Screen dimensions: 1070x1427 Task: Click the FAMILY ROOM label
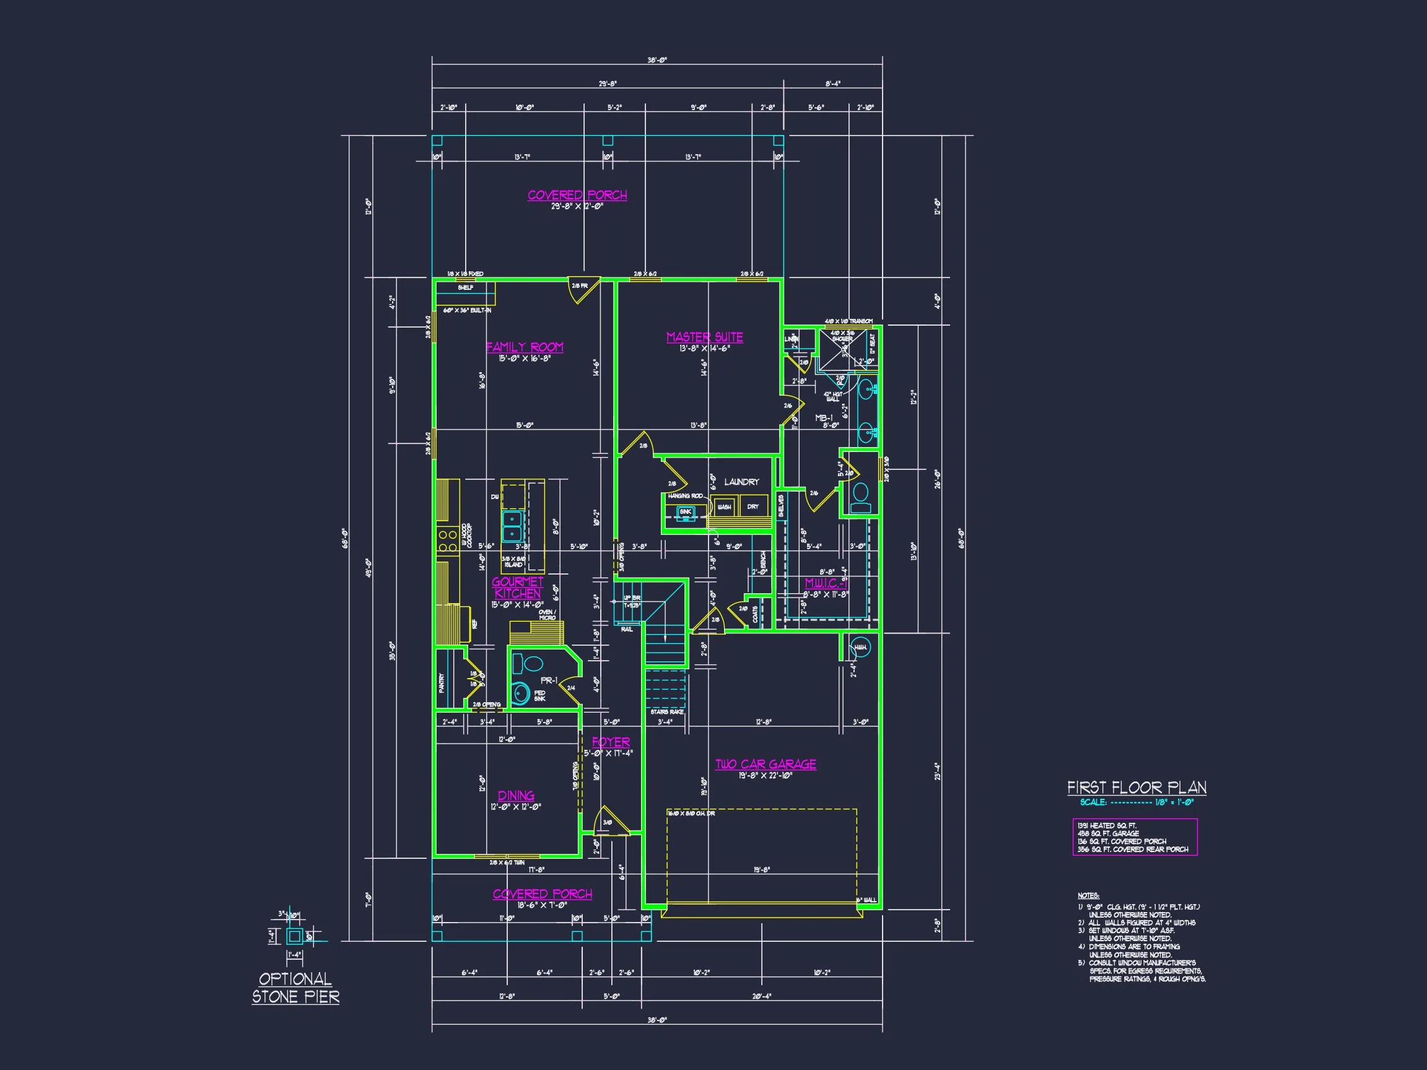coord(525,347)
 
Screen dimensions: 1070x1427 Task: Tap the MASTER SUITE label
coord(704,337)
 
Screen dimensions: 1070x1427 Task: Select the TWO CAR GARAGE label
coord(765,764)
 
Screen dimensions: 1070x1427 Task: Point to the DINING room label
coord(515,796)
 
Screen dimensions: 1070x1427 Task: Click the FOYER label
coord(610,742)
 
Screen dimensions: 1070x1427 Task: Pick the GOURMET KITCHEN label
coord(517,588)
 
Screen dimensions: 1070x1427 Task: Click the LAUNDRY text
coord(741,482)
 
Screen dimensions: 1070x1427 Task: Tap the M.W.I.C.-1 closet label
coord(825,583)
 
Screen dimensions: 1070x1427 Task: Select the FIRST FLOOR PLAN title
coord(1136,788)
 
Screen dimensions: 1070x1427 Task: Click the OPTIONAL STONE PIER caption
coord(295,988)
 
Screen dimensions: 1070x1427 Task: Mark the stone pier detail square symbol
coord(295,936)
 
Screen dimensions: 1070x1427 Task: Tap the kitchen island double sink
coord(513,526)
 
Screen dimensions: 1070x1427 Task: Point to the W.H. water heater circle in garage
coord(860,648)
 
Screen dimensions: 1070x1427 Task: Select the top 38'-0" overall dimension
coord(657,60)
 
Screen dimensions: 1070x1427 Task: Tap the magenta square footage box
coord(1135,837)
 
